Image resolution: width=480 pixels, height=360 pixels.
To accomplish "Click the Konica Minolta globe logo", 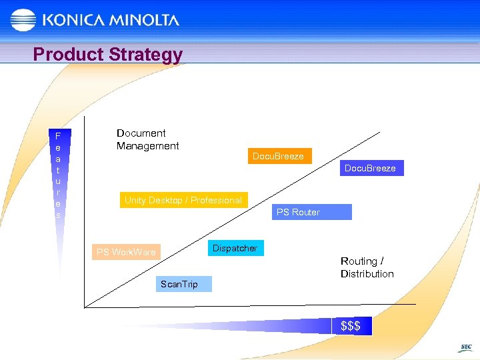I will coord(23,20).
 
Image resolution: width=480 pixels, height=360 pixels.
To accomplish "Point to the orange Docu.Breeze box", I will coord(278,156).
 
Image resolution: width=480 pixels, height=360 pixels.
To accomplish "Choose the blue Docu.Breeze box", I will coord(370,168).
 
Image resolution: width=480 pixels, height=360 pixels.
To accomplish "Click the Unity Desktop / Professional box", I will coord(183,200).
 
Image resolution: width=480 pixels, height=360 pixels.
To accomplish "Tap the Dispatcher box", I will coord(235,248).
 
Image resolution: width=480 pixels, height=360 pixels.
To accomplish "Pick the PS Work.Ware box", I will coord(126,252).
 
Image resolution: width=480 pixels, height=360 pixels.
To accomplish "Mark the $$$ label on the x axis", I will coord(351,326).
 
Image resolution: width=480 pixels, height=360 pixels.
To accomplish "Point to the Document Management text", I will coord(147,139).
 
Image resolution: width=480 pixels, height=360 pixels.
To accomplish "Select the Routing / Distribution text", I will coord(367,267).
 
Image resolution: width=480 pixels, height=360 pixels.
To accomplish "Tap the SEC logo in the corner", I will coord(466,348).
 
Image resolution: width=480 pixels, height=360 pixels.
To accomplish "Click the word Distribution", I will coord(367,274).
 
